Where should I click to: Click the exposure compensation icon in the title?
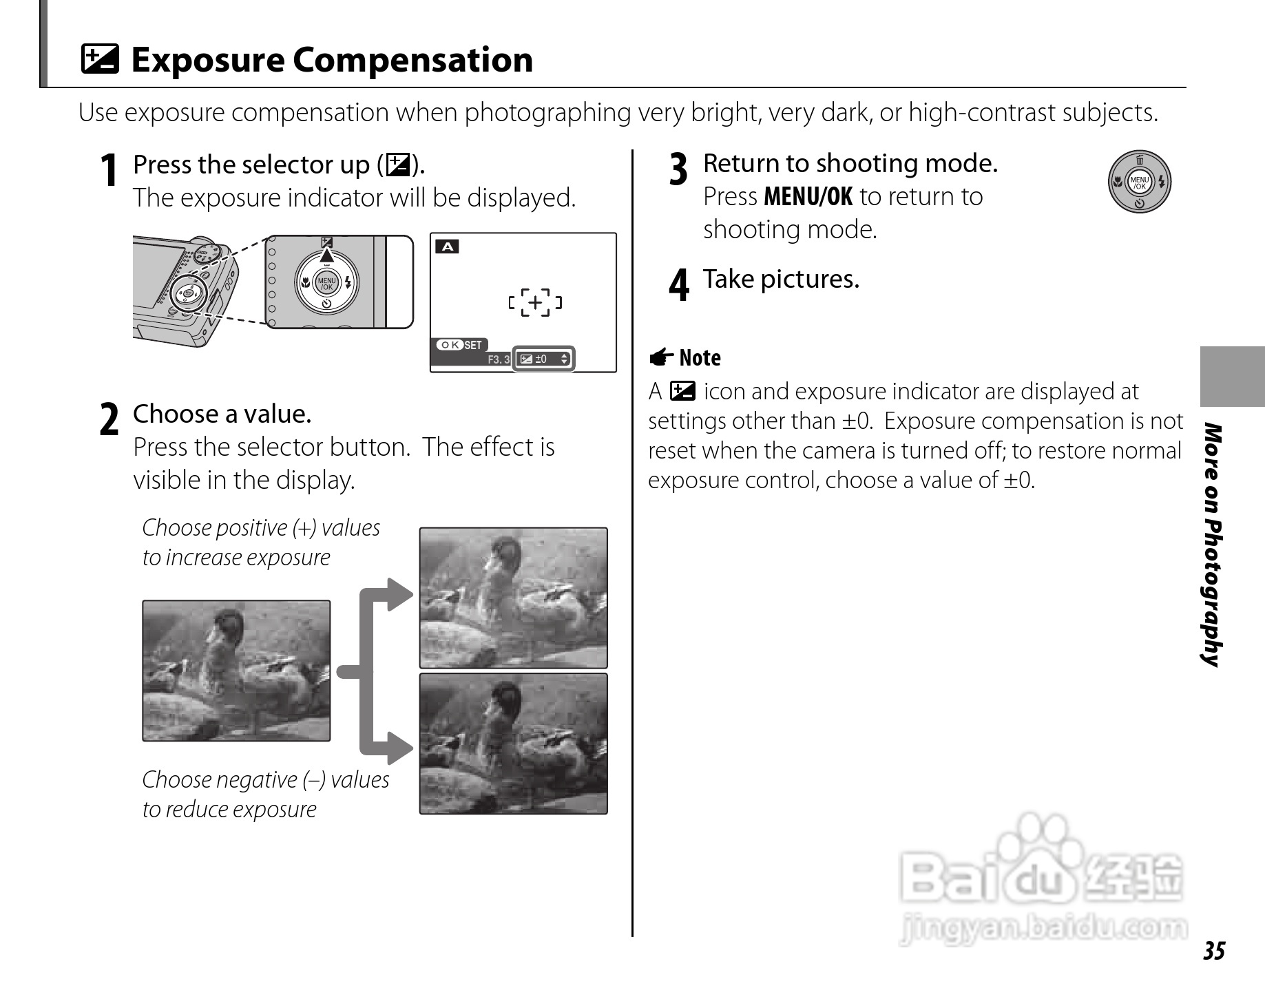(x=100, y=59)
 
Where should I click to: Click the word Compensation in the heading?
(x=412, y=60)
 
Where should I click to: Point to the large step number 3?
(x=678, y=169)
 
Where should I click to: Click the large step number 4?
(x=678, y=284)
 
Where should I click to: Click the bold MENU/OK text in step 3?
(x=808, y=197)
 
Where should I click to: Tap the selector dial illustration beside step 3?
(x=1139, y=182)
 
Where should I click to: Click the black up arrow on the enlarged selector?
(x=326, y=255)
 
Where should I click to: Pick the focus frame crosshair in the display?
(x=535, y=302)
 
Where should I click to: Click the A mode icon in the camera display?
(x=447, y=246)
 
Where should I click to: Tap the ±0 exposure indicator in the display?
(x=543, y=359)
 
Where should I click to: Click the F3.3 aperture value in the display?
(x=499, y=359)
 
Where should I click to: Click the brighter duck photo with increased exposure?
(x=513, y=598)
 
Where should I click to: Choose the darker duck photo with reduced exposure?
(x=513, y=744)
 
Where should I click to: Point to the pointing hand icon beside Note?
(x=661, y=357)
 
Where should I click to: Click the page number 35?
(x=1214, y=951)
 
